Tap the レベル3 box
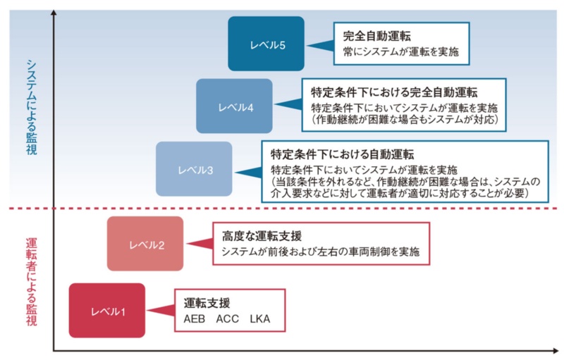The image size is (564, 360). click(194, 169)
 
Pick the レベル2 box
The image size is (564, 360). click(145, 244)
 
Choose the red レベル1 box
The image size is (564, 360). click(107, 310)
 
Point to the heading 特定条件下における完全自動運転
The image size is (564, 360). click(394, 92)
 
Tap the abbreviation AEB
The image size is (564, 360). click(195, 319)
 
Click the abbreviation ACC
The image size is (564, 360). click(228, 319)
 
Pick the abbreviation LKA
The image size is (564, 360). click(260, 319)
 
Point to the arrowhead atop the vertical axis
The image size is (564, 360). click(54, 13)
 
